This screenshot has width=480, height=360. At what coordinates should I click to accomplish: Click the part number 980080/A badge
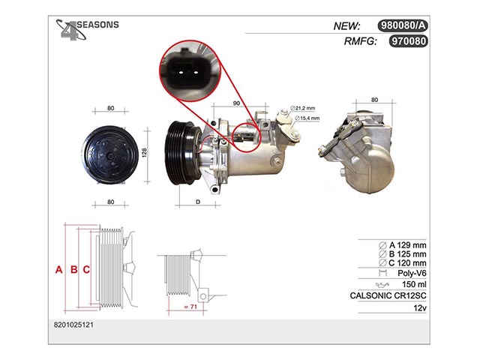pos(403,25)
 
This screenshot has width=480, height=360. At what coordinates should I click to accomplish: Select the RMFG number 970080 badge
pos(408,40)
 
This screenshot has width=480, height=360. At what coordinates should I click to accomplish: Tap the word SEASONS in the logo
pos(97,25)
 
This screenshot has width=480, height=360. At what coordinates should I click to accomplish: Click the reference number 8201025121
pos(73,325)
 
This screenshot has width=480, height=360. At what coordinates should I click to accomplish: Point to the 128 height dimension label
pos(144,152)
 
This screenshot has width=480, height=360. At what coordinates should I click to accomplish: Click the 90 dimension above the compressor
pos(236,103)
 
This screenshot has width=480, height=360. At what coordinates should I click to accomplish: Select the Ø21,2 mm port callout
pos(302,108)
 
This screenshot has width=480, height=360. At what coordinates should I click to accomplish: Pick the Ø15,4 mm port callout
pos(307,118)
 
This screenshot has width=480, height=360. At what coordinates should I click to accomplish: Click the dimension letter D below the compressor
pos(198,202)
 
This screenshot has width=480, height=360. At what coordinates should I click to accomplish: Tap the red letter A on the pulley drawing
pos(58,270)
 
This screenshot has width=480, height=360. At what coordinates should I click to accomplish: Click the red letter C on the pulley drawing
pos(86,270)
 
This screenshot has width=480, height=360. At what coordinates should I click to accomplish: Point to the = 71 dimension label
pos(190,307)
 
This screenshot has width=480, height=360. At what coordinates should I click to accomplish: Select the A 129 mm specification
pos(402,245)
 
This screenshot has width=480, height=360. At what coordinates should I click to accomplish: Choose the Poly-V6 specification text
pos(412,273)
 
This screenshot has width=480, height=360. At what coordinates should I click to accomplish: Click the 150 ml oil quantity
pos(414,284)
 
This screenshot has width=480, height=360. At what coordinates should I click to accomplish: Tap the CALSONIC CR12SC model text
pos(388,295)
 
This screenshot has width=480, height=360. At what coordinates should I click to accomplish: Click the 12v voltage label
pos(420,307)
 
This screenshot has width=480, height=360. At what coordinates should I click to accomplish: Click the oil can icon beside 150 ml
pos(382,285)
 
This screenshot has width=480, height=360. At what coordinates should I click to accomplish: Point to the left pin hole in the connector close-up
pos(181,73)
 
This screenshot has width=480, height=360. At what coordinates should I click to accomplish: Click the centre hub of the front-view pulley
pos(110,156)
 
